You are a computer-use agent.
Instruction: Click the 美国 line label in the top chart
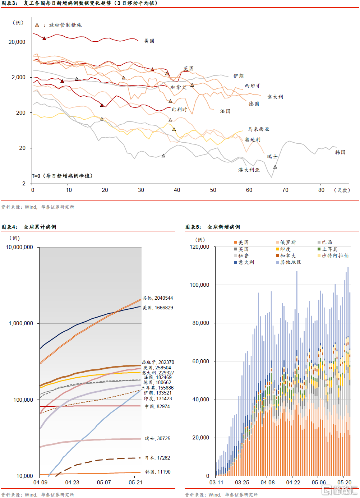coord(149,41)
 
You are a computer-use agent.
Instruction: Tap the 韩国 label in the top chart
coord(340,152)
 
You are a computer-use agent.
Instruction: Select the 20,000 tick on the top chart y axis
coord(17,42)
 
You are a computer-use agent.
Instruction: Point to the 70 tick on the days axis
coord(285,190)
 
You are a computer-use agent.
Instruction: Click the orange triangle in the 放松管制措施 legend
coord(37,25)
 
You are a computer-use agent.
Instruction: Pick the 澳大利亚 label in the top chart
coord(249,170)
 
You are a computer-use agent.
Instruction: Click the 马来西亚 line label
coord(259,129)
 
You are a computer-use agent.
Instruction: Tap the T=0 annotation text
coord(62,176)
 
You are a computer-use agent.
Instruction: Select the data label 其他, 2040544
coord(158,298)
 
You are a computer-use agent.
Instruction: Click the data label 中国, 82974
coord(157,407)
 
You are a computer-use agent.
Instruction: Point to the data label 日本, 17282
coord(158,458)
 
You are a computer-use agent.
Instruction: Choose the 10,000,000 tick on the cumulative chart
coord(19,247)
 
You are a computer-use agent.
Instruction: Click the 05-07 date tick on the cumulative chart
coord(104,483)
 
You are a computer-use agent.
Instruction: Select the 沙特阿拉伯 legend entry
coord(333,256)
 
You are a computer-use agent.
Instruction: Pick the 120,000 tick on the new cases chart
coord(199,247)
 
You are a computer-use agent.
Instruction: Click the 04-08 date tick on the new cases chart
coord(268,483)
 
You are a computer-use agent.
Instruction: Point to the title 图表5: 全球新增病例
coord(213,227)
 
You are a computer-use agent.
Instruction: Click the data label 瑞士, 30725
coord(158,439)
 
